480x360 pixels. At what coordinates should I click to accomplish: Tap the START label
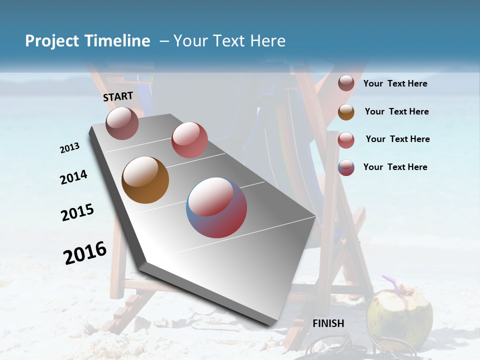coord(118,96)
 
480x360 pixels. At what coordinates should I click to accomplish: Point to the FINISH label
coord(328,323)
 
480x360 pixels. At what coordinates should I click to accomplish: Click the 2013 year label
coord(69,148)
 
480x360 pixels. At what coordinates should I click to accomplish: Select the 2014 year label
coord(73,177)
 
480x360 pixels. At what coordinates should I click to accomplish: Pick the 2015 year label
coord(77,212)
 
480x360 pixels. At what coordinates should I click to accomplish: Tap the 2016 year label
coord(85,252)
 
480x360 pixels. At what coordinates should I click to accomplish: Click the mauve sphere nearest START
coord(122,123)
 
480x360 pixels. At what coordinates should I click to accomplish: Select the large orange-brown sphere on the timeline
coord(145,180)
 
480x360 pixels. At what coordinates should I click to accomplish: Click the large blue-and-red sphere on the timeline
coord(216,207)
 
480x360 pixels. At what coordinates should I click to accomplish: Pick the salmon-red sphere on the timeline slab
coord(189,139)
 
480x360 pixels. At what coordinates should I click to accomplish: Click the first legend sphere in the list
coord(346,83)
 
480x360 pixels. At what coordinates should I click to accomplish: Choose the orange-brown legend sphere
coord(346,111)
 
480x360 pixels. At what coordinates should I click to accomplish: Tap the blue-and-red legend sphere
coord(346,167)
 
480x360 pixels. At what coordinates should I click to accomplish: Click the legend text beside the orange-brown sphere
coord(396,111)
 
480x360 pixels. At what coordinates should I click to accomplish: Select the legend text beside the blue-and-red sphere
coord(395,167)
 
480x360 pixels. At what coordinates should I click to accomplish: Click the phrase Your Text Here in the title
coord(229,41)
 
